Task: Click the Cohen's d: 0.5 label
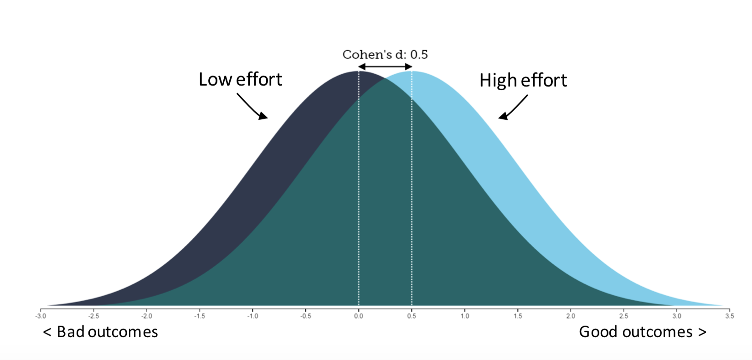(x=385, y=55)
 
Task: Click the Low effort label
(x=240, y=80)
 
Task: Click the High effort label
(x=523, y=81)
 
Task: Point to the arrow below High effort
(x=513, y=108)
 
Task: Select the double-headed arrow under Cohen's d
(x=385, y=67)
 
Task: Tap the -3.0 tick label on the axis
(x=41, y=316)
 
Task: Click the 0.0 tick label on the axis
(x=359, y=316)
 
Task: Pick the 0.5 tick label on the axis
(x=412, y=316)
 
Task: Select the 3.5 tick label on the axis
(x=730, y=316)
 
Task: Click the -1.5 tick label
(x=199, y=316)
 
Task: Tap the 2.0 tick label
(x=571, y=316)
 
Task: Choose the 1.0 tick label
(x=464, y=316)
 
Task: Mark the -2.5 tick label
(x=93, y=316)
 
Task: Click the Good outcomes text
(x=642, y=332)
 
